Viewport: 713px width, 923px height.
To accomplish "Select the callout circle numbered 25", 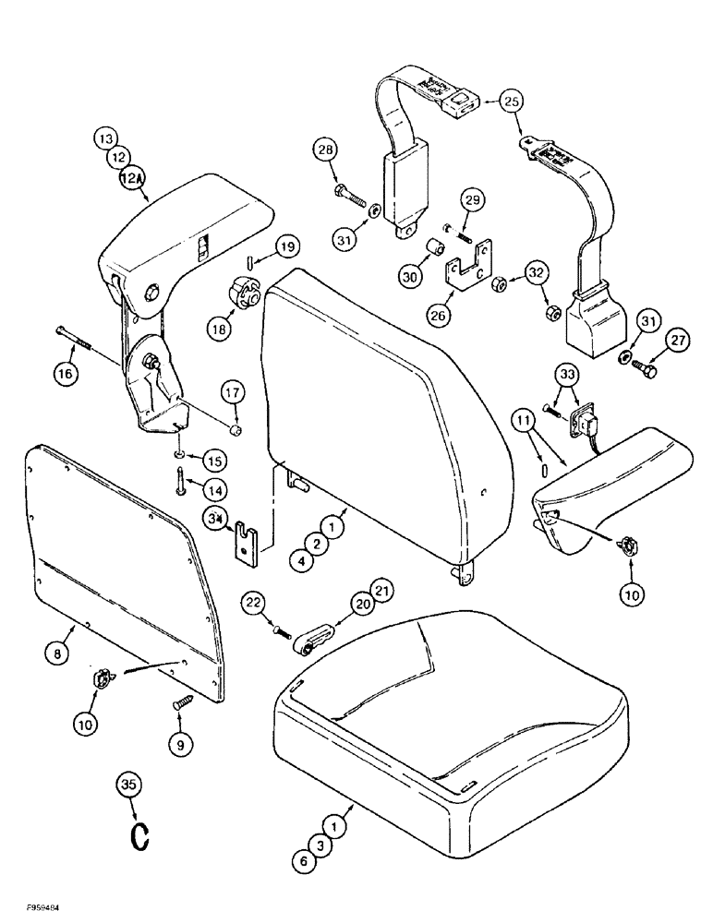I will [x=513, y=99].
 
